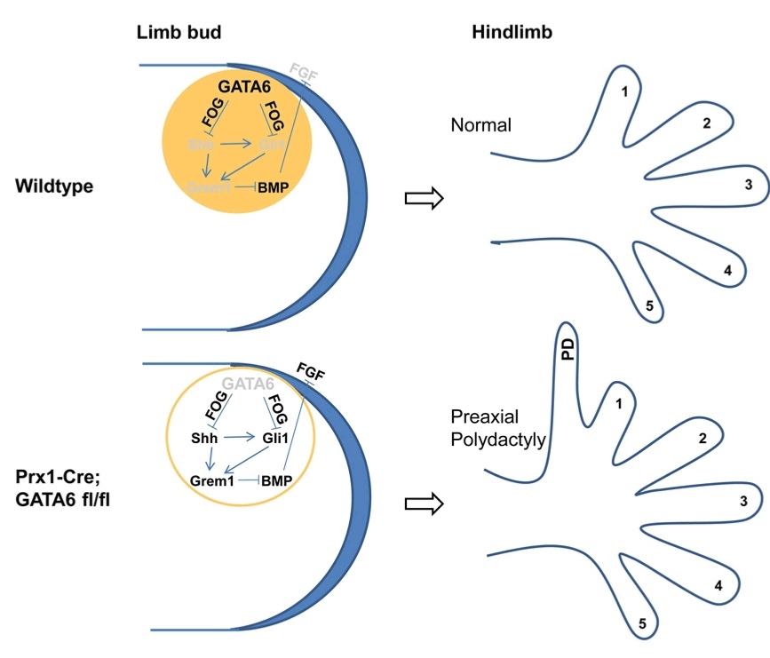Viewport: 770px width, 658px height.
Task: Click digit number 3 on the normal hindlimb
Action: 749,185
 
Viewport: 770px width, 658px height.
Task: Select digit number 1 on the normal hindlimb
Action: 624,91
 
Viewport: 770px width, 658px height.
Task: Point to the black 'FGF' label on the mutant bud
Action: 311,370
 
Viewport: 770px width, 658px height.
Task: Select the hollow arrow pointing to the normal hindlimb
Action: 423,200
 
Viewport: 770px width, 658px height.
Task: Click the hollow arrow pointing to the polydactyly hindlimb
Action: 423,503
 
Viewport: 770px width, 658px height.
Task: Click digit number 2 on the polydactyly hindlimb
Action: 702,438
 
